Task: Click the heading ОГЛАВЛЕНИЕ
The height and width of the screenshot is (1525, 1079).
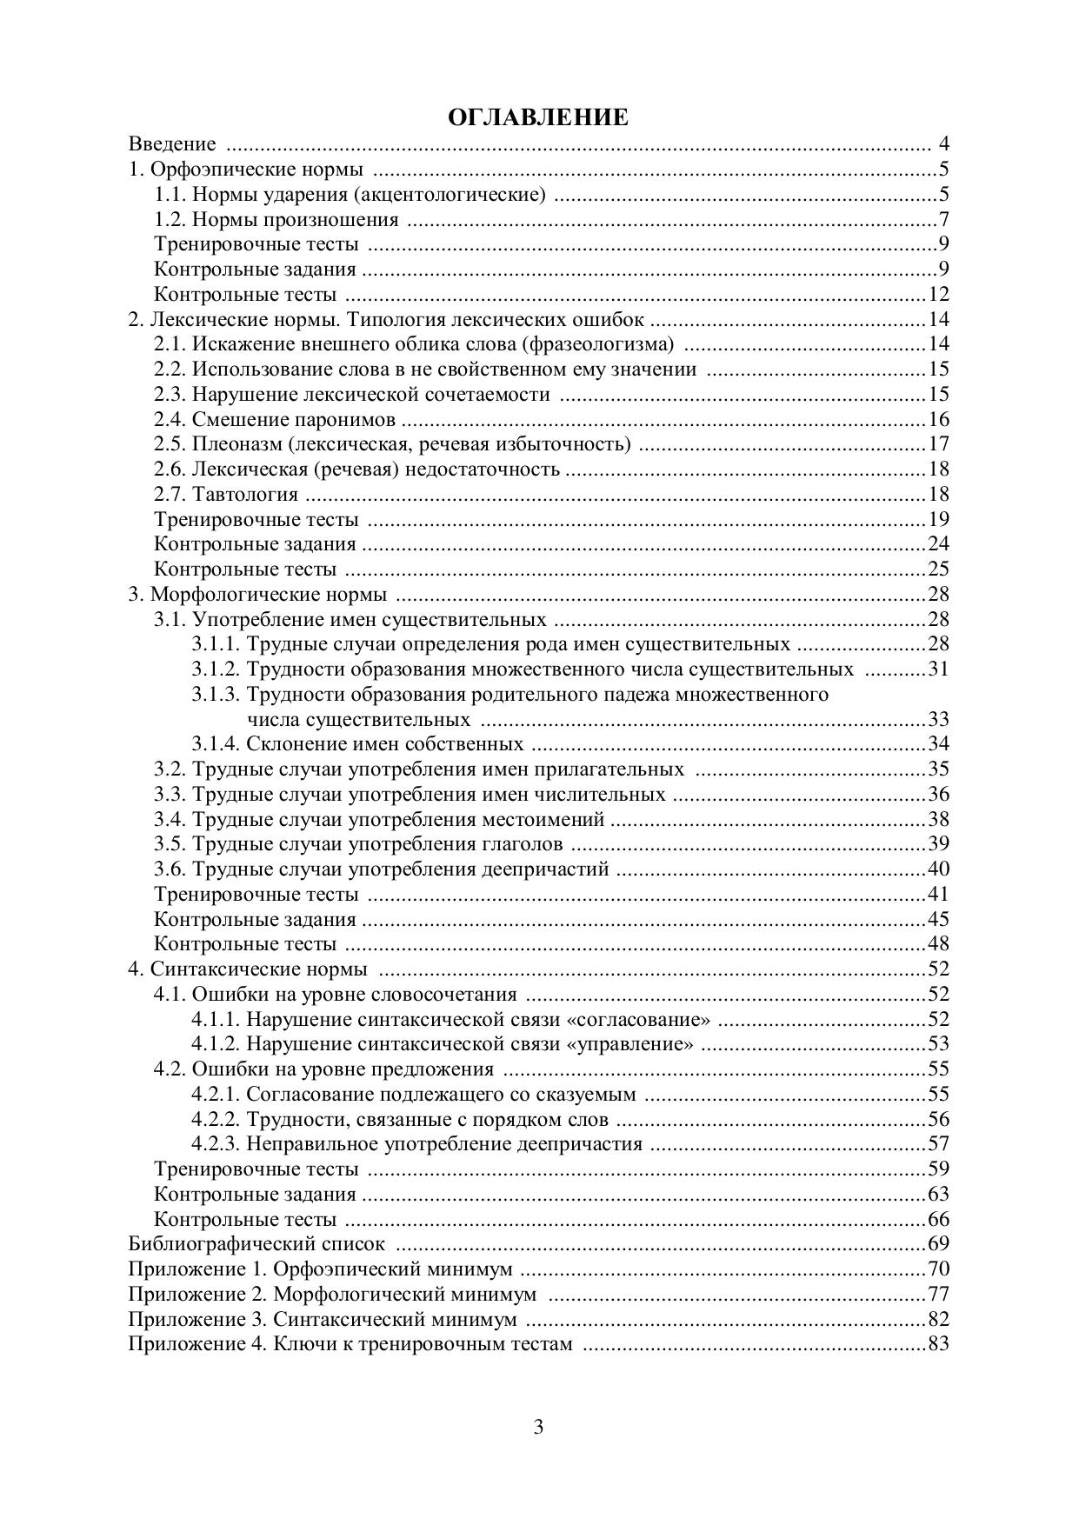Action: [538, 118]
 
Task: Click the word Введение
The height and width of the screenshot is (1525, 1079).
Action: [172, 144]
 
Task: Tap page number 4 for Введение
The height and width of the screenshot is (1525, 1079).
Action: [943, 144]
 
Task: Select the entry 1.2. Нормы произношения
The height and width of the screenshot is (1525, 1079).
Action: [276, 220]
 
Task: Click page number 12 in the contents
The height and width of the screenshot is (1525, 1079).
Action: [938, 295]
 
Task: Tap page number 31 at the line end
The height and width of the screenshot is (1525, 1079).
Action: [938, 669]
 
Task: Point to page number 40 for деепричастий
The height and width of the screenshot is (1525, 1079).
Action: [938, 869]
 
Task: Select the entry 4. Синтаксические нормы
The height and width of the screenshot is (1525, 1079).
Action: [248, 969]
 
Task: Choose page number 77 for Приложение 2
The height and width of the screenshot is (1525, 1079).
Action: [938, 1294]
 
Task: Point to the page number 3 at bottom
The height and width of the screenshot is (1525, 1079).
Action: [538, 1428]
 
